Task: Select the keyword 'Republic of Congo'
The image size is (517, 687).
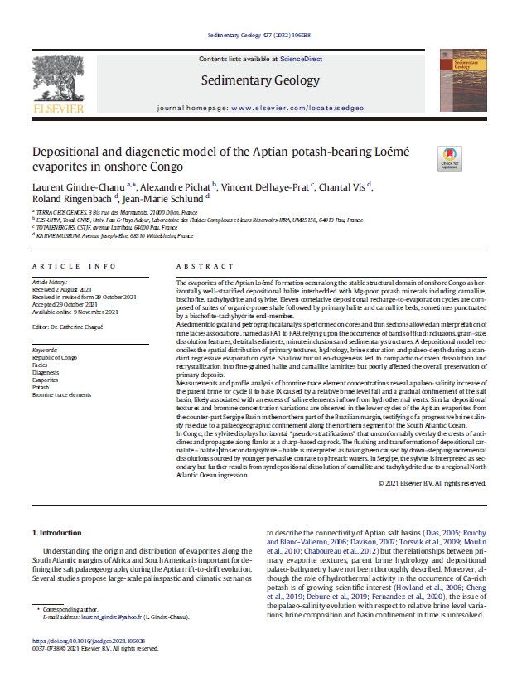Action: tap(56, 358)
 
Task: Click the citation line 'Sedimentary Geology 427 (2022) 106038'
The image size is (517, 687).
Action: tap(258, 35)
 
